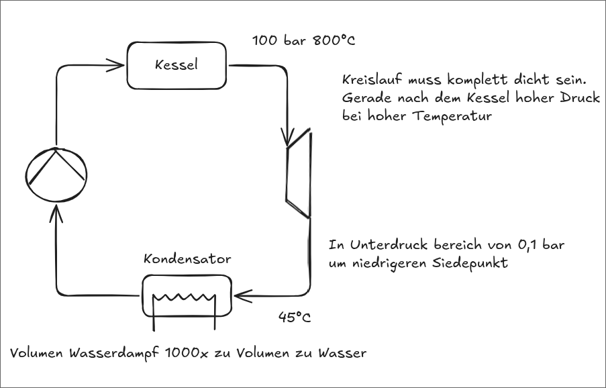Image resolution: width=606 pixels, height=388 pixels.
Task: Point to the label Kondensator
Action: [x=187, y=258]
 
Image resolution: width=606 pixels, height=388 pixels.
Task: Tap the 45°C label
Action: [x=295, y=318]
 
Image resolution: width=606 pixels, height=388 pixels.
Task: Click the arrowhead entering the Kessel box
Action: [x=116, y=65]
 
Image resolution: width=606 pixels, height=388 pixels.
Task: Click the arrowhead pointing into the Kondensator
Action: [x=243, y=296]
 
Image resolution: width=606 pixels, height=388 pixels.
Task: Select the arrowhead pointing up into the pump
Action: [x=56, y=213]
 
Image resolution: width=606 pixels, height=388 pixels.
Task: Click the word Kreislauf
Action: [x=372, y=80]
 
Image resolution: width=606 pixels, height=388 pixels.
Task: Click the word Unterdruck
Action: [x=389, y=245]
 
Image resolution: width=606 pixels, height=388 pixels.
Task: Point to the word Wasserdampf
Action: [x=115, y=354]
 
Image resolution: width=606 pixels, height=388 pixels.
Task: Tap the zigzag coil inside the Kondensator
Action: [x=184, y=298]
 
